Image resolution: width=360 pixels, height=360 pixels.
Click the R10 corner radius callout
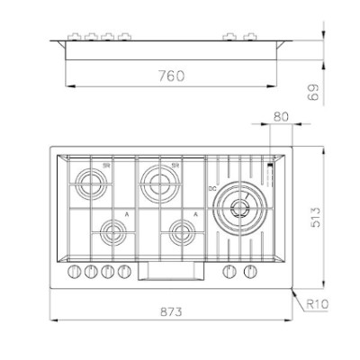coord(317,304)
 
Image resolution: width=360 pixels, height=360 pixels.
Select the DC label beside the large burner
coord(213,189)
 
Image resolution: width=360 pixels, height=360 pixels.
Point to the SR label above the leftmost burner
coord(106,166)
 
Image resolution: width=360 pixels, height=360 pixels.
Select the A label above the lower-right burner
coord(195,213)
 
